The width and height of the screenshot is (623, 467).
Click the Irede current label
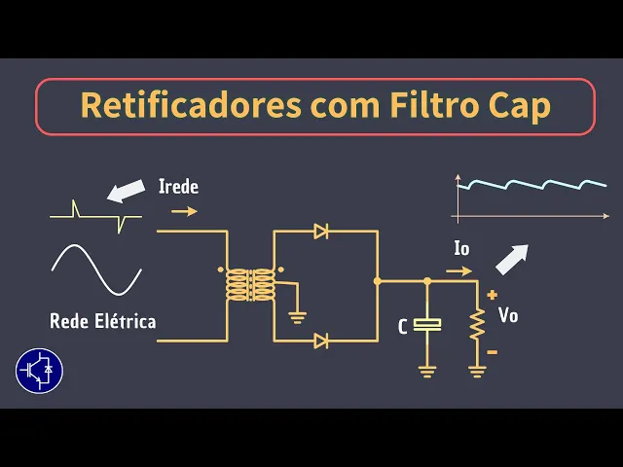178,186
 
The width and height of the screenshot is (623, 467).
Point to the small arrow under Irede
183,210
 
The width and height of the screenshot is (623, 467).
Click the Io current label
461,248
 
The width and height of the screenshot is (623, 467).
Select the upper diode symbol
321,232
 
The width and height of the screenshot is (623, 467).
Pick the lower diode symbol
321,341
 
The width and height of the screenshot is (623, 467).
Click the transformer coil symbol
250,285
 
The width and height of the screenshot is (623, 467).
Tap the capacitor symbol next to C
426,324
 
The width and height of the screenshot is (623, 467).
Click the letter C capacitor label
403,327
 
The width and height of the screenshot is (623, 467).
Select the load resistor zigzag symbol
477,326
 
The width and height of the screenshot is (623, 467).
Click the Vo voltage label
508,315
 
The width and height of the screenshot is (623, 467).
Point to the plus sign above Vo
493,294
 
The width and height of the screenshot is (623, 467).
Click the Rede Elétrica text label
103,321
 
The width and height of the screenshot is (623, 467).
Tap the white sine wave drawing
96,269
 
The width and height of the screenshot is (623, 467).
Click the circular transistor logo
40,370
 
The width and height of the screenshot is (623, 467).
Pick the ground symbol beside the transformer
298,315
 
